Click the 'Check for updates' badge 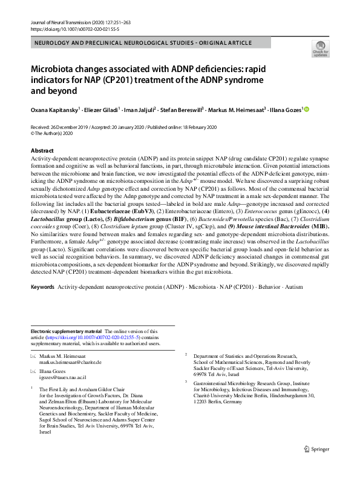(x=319, y=48)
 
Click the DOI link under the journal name (x=66, y=29)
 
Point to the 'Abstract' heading (x=42, y=150)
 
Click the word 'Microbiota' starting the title (x=57, y=69)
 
